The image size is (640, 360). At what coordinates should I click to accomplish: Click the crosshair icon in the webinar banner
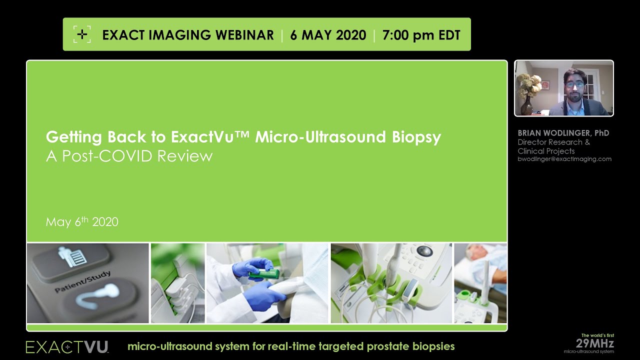tap(82, 34)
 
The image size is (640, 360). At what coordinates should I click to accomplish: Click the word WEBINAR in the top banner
tap(244, 35)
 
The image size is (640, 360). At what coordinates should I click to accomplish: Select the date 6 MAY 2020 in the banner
tap(328, 35)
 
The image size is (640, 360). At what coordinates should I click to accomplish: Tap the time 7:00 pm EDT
tap(421, 35)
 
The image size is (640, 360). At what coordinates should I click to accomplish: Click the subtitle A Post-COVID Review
tap(129, 156)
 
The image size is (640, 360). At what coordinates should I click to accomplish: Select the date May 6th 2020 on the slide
tap(82, 222)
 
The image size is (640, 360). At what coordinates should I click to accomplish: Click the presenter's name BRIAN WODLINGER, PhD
tap(563, 133)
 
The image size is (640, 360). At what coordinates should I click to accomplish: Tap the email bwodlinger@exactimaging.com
tap(564, 159)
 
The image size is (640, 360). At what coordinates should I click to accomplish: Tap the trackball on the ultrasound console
tap(425, 250)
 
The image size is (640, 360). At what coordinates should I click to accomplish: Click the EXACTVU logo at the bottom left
tap(67, 346)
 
